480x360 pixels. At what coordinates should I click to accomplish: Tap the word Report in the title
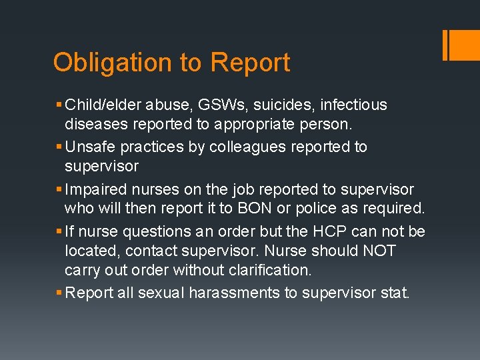point(250,63)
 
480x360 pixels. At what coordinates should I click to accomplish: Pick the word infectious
point(353,105)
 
